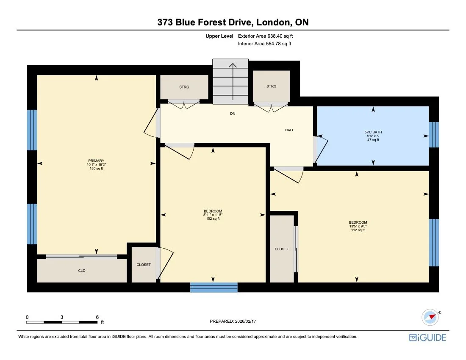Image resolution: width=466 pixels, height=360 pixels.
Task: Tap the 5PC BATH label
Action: [x=373, y=132]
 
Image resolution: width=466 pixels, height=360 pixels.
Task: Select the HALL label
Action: [x=289, y=130]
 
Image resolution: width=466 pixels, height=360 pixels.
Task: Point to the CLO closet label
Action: [x=82, y=271]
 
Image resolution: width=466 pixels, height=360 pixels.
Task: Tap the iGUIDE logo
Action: [x=427, y=338]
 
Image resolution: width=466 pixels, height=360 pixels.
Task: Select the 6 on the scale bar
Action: [x=97, y=317]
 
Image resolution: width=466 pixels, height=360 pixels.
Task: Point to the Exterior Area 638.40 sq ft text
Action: [x=265, y=36]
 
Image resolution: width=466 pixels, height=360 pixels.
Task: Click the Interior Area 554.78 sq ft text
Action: [x=264, y=44]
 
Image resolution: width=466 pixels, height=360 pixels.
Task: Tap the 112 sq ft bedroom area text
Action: [x=358, y=230]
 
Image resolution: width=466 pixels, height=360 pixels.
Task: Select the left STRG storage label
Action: [x=184, y=87]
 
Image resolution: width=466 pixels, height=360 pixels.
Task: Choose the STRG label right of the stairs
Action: [x=271, y=86]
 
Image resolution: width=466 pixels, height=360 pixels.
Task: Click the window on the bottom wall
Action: [x=214, y=288]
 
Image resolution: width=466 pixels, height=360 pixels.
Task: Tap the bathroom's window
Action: [x=434, y=135]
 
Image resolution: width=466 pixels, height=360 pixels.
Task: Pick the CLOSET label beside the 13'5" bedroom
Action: [x=282, y=249]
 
